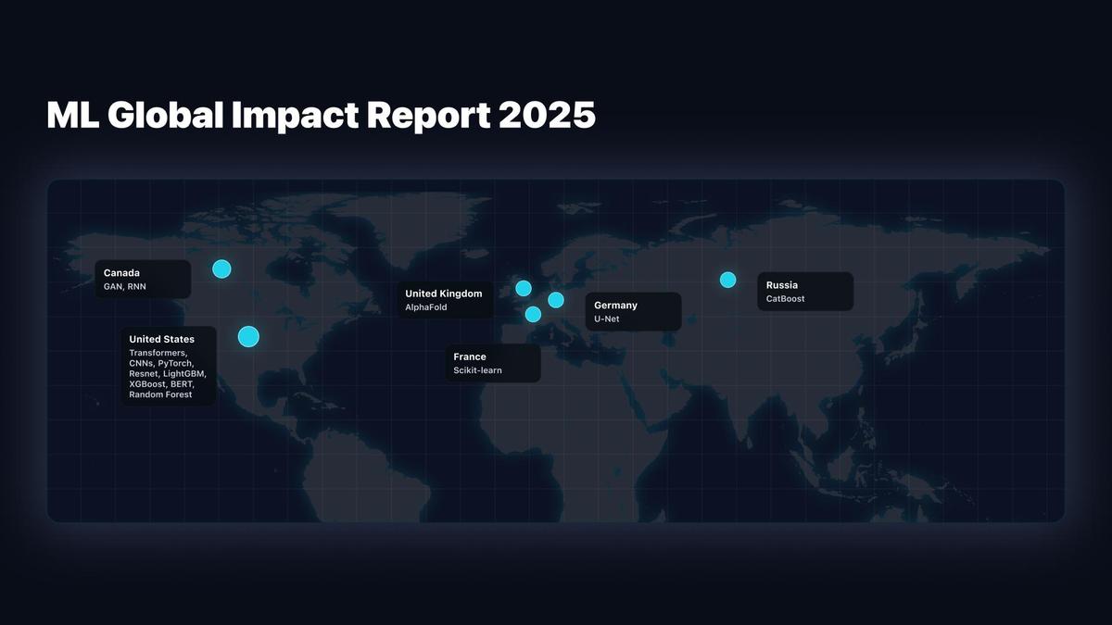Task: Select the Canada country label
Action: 121,273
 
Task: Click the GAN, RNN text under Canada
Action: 124,287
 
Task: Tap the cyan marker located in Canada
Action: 221,269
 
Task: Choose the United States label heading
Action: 161,340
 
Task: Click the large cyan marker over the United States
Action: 248,336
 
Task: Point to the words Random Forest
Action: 160,394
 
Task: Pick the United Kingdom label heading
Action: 443,294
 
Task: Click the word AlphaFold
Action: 426,307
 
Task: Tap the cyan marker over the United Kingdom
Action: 524,288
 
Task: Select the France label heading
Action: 470,356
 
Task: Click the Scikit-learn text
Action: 477,370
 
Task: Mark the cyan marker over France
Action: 533,314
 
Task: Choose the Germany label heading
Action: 615,306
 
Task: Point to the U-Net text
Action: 607,319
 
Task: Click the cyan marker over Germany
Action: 556,300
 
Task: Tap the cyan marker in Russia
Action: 727,280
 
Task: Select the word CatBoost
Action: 786,299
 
